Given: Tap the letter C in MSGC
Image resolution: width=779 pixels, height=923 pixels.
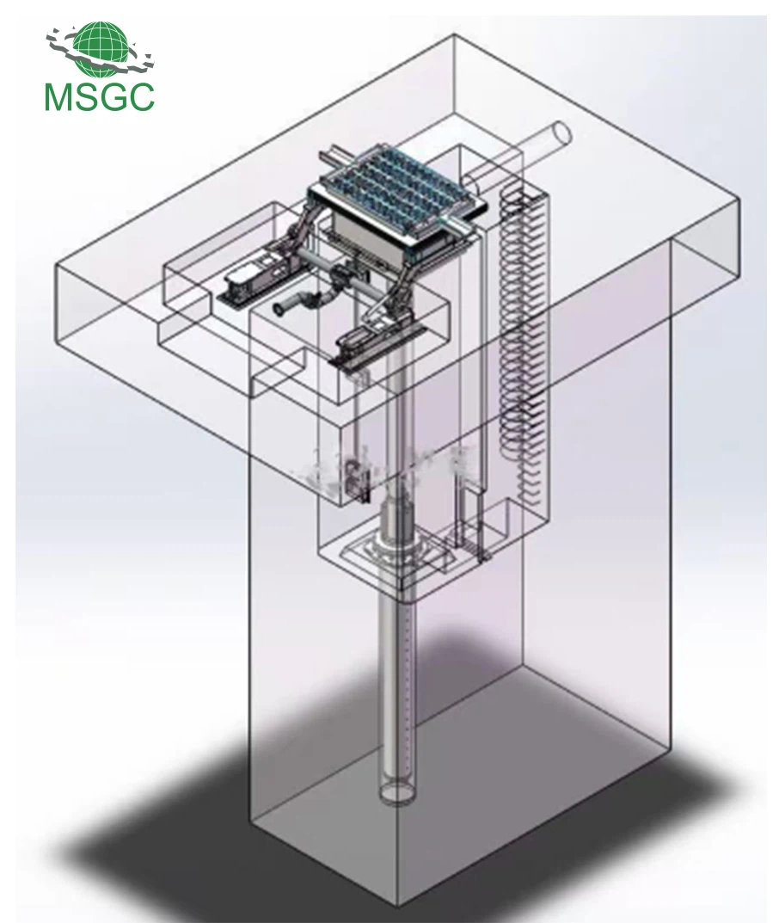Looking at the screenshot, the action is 141,97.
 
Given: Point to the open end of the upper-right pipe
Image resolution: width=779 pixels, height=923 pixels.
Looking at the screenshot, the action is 563,133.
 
